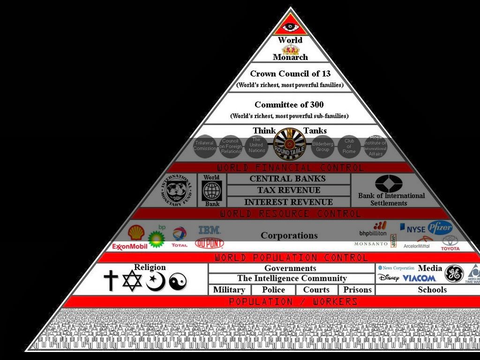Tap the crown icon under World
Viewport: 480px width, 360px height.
(x=291, y=49)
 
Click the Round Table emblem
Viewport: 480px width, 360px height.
(x=289, y=143)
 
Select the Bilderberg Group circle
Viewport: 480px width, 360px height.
(x=322, y=146)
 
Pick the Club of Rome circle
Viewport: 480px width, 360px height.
(x=349, y=146)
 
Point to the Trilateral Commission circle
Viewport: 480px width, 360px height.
(x=204, y=146)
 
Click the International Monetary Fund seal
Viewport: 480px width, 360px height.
(x=179, y=190)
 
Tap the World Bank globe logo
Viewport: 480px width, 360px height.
(x=212, y=191)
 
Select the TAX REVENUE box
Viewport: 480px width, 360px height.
(x=288, y=190)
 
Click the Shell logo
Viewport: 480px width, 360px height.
(x=136, y=232)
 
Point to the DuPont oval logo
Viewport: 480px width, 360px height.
(x=210, y=243)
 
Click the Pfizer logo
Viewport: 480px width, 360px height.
(x=440, y=228)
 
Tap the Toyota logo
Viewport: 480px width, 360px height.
(x=450, y=243)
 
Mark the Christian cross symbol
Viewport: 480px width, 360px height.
(x=111, y=280)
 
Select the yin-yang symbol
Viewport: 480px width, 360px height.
(x=178, y=282)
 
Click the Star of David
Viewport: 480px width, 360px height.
(x=132, y=281)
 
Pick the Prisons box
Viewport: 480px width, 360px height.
(x=357, y=290)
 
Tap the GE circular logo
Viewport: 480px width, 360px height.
(x=454, y=274)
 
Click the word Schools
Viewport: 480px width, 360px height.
(x=432, y=290)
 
